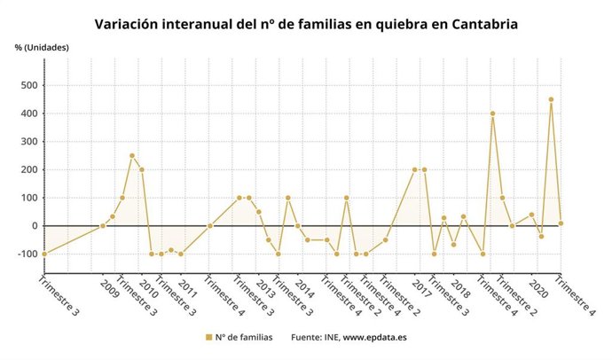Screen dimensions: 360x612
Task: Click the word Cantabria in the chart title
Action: [477, 24]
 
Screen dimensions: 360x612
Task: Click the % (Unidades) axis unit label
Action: [42, 47]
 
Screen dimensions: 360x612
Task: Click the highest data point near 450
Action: [551, 99]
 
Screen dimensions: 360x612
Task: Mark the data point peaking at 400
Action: [492, 113]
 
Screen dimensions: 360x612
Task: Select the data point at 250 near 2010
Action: [132, 156]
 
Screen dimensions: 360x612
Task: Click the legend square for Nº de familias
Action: [208, 338]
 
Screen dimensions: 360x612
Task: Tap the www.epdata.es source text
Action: [375, 338]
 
